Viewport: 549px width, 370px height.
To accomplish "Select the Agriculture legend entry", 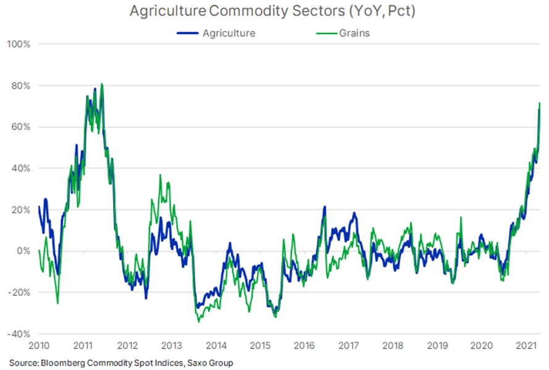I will click(228, 33).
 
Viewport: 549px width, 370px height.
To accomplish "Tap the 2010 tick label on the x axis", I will click(40, 344).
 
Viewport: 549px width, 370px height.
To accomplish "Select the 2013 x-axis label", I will click(172, 344).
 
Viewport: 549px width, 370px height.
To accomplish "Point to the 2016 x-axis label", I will click(304, 344).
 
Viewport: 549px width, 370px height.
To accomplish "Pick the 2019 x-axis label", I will click(437, 344).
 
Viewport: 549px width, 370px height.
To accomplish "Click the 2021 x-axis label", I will click(525, 344).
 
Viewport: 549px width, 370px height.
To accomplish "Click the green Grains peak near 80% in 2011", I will click(102, 84).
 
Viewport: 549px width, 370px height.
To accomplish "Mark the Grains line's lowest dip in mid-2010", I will click(57, 303).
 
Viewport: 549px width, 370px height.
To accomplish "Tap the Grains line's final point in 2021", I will click(540, 103).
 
